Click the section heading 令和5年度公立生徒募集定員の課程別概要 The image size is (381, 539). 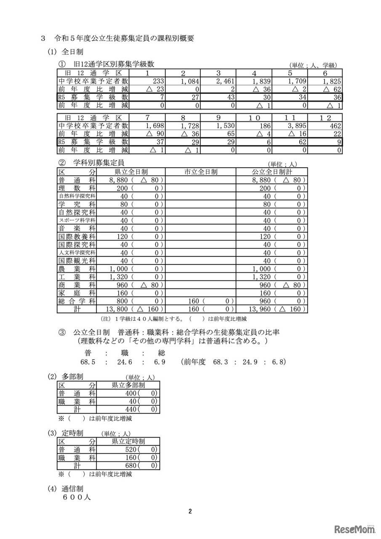(124, 38)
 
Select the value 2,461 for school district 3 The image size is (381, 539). (224, 81)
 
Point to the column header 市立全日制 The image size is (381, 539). (200, 172)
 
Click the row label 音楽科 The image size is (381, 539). (77, 228)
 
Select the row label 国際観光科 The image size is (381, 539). (77, 260)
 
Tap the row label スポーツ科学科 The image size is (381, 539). (77, 220)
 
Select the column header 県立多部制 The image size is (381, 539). (128, 385)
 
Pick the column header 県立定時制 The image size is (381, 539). (128, 441)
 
